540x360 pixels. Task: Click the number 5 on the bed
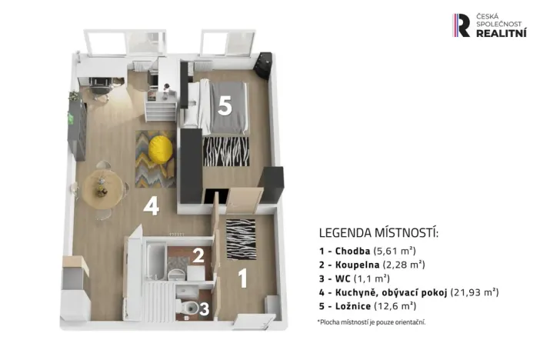[x=224, y=106]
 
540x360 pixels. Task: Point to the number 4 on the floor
[x=151, y=205]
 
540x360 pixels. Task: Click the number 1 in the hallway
[x=243, y=278]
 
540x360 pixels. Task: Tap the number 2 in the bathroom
[x=198, y=255]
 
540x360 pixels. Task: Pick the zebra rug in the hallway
[x=240, y=239]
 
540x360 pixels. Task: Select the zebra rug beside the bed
[x=225, y=151]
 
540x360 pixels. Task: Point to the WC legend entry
[x=354, y=278]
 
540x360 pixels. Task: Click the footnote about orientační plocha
[x=371, y=322]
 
